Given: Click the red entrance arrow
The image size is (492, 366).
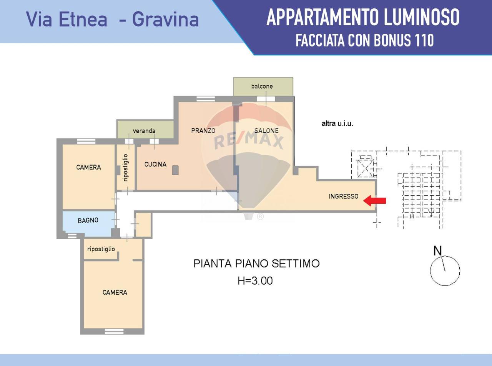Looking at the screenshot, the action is [x=374, y=201].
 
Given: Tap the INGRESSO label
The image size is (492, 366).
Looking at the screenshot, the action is [x=343, y=196].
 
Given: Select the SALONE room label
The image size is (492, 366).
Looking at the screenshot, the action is [x=266, y=131].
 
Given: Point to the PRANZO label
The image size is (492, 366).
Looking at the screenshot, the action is [x=203, y=131].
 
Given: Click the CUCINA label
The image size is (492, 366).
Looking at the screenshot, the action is [x=155, y=165].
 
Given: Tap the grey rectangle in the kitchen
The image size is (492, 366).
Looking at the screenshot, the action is [x=175, y=170].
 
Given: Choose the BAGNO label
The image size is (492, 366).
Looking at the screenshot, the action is [x=88, y=221].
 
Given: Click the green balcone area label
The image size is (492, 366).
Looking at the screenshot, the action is [x=262, y=86].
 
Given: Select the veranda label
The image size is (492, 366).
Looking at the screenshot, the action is [x=144, y=131].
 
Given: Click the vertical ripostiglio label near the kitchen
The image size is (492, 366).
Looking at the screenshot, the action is [x=126, y=168].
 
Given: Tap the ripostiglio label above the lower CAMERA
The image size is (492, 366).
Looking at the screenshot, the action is [x=101, y=249].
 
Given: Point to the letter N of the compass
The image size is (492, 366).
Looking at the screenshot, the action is [x=437, y=251].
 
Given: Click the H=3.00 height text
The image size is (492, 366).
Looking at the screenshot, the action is [x=255, y=281].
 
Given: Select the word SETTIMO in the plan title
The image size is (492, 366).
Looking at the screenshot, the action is [x=296, y=264].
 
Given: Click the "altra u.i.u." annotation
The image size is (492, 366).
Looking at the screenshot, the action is [x=337, y=124].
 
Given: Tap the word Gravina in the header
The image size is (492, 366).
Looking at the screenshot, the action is [x=165, y=20].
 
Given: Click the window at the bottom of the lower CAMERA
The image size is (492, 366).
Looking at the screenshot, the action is [x=114, y=331].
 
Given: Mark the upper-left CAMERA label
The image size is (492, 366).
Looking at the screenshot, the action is [x=88, y=167].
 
